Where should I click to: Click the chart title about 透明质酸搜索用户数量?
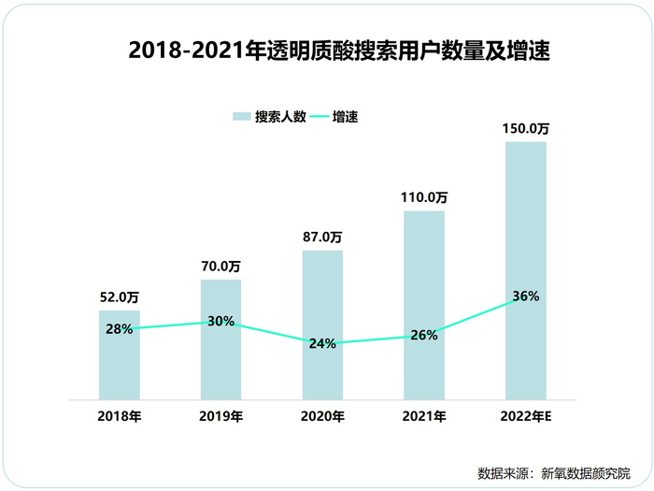(x=339, y=51)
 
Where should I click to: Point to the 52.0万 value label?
(x=119, y=297)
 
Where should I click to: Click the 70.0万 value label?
(x=220, y=267)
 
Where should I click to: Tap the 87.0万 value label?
(x=322, y=238)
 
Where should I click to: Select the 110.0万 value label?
(x=424, y=197)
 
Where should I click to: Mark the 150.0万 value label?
(x=526, y=128)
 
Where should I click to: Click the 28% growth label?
(x=119, y=329)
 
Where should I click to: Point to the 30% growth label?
(x=220, y=321)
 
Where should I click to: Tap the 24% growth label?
(x=322, y=343)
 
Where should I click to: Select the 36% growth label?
(x=526, y=296)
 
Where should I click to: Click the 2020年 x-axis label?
(x=322, y=416)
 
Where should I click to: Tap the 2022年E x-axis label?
(x=526, y=416)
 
